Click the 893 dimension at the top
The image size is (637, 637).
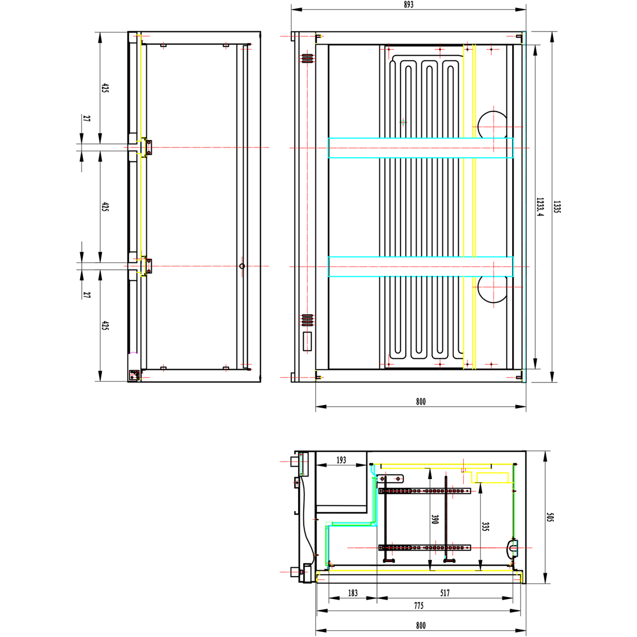pyautogui.click(x=409, y=5)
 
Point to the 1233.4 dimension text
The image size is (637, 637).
pyautogui.click(x=540, y=207)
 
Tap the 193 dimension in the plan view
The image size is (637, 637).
pyautogui.click(x=341, y=460)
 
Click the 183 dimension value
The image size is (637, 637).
pyautogui.click(x=353, y=593)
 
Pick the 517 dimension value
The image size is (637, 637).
pyautogui.click(x=445, y=593)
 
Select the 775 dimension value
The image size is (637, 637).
pyautogui.click(x=419, y=606)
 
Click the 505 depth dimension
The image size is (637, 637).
pyautogui.click(x=550, y=517)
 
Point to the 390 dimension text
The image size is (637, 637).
pyautogui.click(x=434, y=519)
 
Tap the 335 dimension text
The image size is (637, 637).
pyautogui.click(x=485, y=526)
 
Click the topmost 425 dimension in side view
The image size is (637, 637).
pyautogui.click(x=105, y=88)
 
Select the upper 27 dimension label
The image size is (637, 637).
pyautogui.click(x=87, y=119)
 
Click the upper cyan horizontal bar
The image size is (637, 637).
pyautogui.click(x=420, y=148)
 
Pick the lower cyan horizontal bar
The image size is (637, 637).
pyautogui.click(x=420, y=267)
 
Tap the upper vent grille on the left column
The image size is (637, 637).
pyautogui.click(x=307, y=58)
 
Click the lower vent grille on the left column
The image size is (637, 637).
pyautogui.click(x=307, y=320)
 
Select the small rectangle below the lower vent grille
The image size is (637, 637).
pyautogui.click(x=307, y=341)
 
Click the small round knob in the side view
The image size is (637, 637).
pyautogui.click(x=242, y=266)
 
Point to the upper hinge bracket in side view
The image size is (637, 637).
pyautogui.click(x=148, y=147)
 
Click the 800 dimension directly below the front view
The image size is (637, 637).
pyautogui.click(x=421, y=402)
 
